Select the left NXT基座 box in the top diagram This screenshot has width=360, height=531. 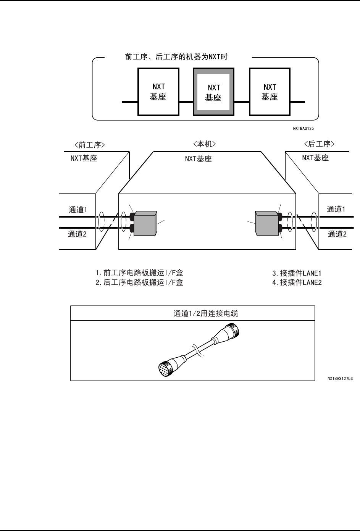[158, 92]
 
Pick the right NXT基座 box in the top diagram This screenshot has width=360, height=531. [270, 92]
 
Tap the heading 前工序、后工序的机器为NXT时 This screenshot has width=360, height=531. [177, 57]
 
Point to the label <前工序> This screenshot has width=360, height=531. [90, 145]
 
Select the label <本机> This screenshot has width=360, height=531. [205, 144]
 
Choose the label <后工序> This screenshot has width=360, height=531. [319, 144]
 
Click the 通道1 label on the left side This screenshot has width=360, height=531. [78, 209]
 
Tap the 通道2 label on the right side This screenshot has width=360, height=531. [337, 234]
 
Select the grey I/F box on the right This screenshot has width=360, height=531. [266, 223]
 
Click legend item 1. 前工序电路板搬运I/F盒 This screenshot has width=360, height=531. [139, 273]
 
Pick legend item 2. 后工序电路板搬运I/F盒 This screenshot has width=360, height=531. [139, 283]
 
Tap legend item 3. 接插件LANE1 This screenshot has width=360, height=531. [297, 273]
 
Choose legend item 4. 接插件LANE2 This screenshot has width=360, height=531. [297, 283]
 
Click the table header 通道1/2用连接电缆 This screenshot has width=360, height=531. [206, 313]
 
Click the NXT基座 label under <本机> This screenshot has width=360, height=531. [198, 159]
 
